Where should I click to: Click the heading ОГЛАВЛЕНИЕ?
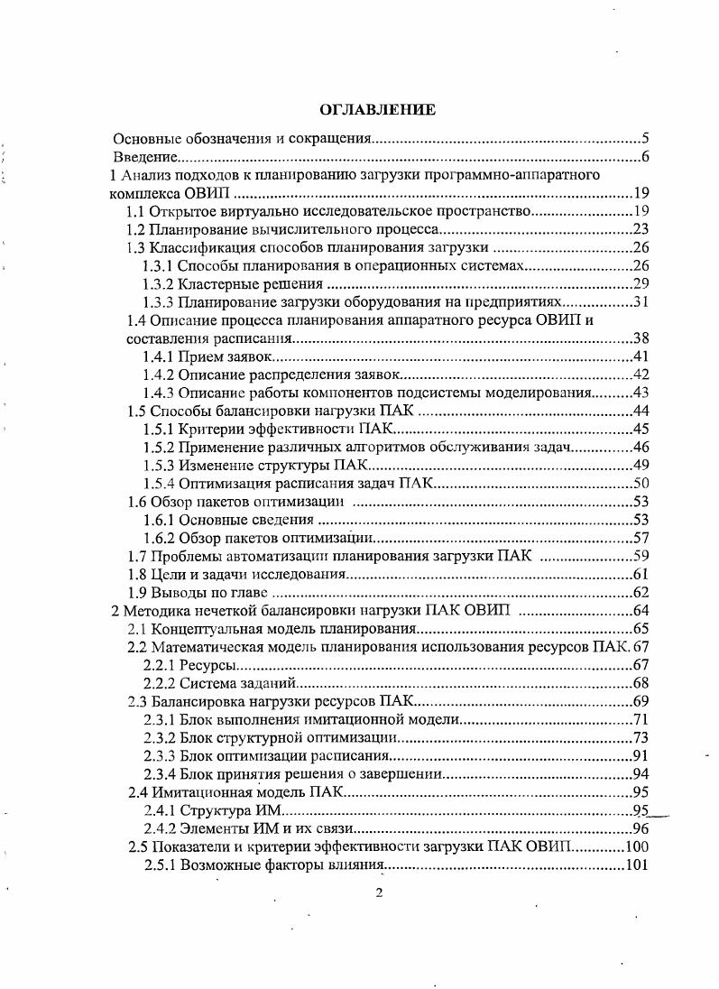coord(378,109)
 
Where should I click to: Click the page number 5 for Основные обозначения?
coord(645,139)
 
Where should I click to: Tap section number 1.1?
coord(136,211)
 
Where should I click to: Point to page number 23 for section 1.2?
coord(641,229)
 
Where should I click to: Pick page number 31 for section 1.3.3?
coord(641,301)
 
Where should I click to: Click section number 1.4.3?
coord(159,393)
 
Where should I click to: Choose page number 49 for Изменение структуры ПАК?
coord(641,465)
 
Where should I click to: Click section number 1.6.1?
coord(159,520)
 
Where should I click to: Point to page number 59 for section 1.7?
coord(641,556)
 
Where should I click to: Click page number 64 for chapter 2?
coord(641,611)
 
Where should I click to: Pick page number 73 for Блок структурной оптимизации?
coord(641,738)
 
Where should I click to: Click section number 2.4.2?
coord(159,829)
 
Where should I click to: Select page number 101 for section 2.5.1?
coord(638,866)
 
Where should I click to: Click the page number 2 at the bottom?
coord(379,894)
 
